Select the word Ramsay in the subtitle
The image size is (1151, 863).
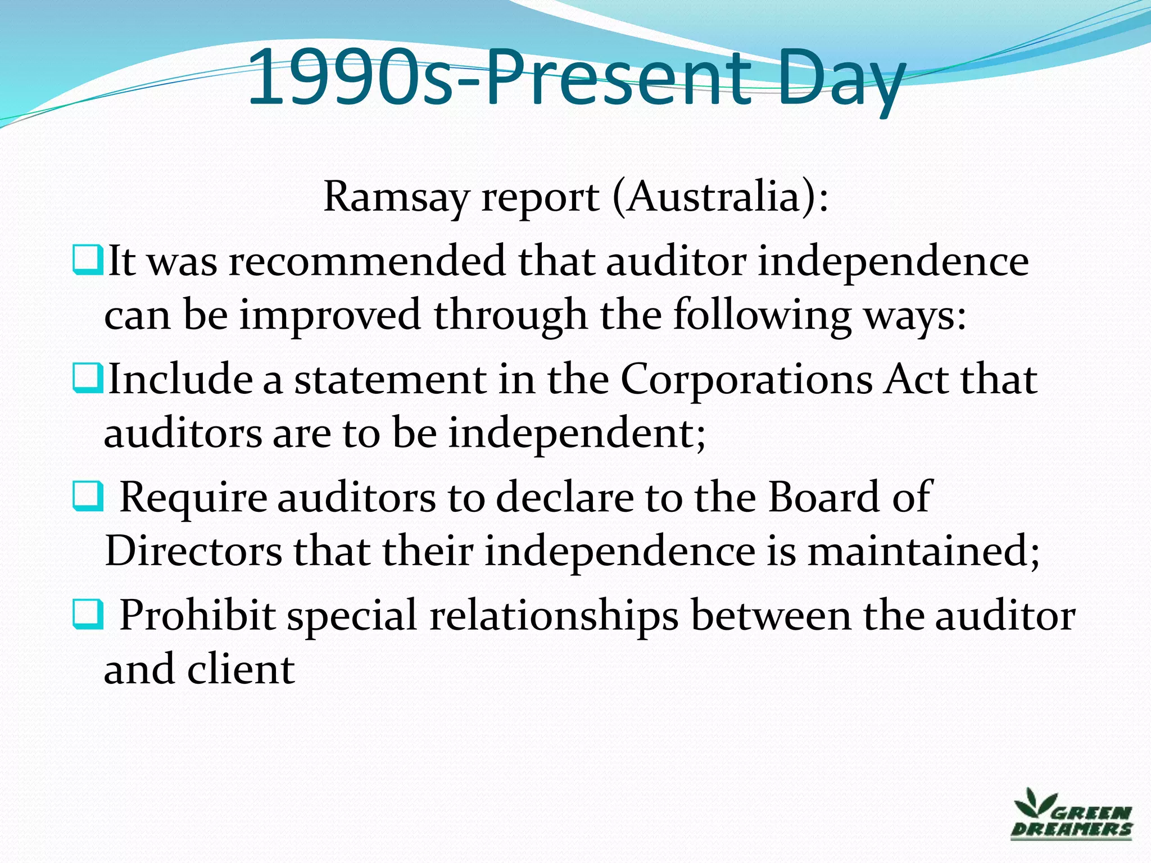coord(396,198)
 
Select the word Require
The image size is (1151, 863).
coord(193,498)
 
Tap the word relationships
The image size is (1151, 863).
coord(554,616)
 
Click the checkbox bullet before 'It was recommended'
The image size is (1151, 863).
coord(88,260)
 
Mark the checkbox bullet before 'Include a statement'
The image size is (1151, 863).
coord(88,378)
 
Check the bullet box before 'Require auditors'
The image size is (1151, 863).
coord(88,496)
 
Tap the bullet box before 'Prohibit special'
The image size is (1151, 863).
coord(88,614)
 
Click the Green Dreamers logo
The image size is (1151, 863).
coord(1071,814)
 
